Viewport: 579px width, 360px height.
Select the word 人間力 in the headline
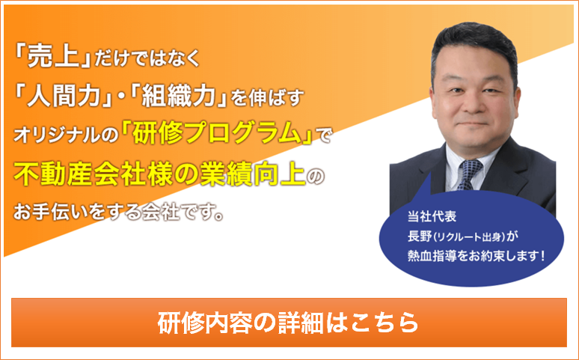64,96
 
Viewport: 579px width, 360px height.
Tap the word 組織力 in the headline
179,96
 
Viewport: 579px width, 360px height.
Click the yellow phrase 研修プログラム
218,133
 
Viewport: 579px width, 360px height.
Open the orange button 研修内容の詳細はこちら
289,323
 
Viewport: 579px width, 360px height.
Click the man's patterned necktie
469,173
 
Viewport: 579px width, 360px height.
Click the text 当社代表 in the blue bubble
432,216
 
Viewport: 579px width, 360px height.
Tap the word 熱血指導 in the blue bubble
432,256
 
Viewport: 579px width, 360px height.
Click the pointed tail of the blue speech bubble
429,173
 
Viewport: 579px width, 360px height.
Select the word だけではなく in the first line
147,59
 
